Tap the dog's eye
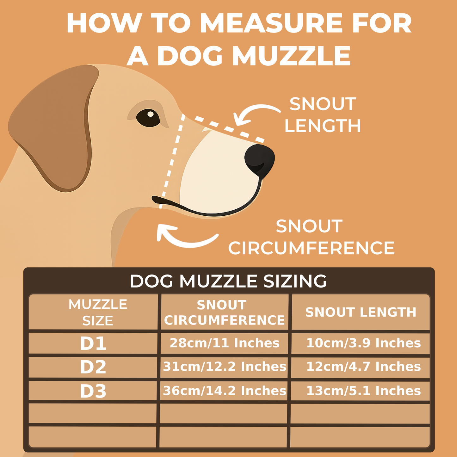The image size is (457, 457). tap(148, 117)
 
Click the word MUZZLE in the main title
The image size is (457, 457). tap(291, 56)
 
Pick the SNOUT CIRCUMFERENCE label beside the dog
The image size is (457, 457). tap(311, 237)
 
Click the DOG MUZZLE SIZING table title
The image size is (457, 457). tap(228, 281)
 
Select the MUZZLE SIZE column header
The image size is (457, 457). tap(98, 312)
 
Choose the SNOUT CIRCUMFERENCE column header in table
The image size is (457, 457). tap(224, 312)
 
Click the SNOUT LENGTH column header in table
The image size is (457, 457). tap(361, 312)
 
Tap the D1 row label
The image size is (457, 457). tap(93, 343)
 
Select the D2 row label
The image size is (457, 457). tap(93, 367)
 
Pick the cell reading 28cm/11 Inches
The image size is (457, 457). tap(225, 343)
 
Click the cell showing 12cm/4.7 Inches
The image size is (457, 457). tap(363, 367)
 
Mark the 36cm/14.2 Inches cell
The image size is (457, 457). tap(225, 391)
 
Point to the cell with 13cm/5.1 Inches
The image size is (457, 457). tap(363, 391)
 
